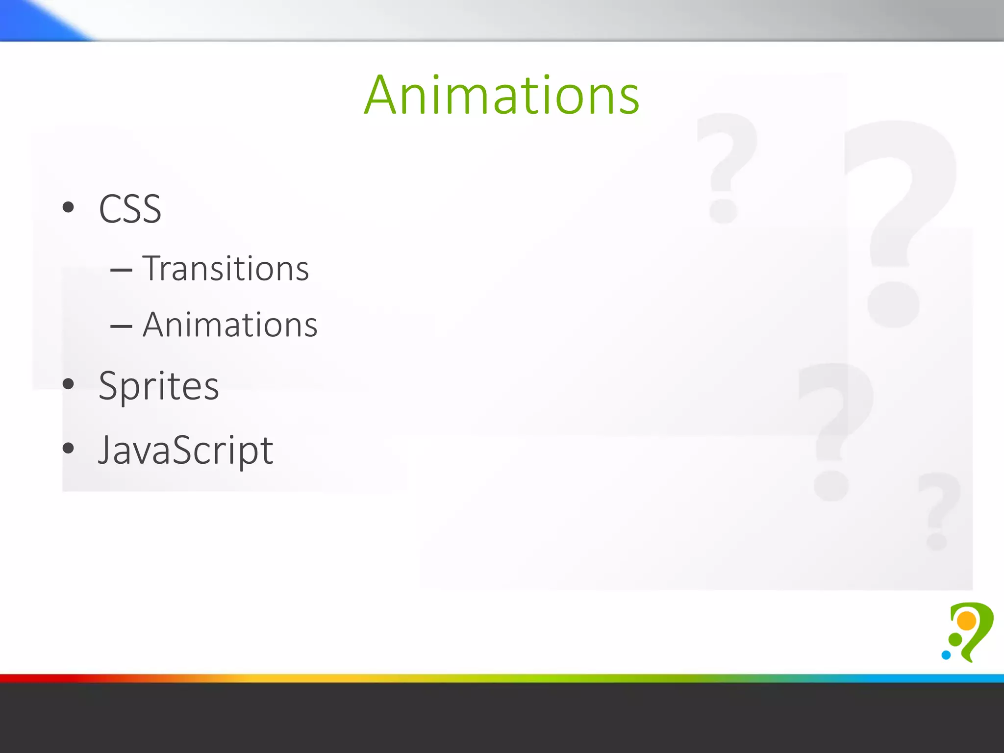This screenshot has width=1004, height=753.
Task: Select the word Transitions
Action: click(226, 269)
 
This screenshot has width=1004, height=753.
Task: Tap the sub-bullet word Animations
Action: click(230, 325)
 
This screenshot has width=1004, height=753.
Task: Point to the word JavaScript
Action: click(185, 450)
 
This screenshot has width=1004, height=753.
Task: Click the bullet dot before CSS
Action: click(68, 207)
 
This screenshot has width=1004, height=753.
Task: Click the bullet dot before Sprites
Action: click(68, 384)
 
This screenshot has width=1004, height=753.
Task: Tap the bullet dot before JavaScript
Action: click(68, 448)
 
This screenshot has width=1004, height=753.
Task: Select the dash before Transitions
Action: click(121, 270)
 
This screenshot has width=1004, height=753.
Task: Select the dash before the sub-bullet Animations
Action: click(121, 326)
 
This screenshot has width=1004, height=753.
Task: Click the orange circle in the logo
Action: click(967, 621)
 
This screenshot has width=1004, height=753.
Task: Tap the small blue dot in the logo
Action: click(946, 655)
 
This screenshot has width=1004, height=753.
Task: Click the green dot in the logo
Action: click(955, 639)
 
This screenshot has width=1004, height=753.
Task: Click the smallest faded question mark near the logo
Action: click(937, 510)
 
